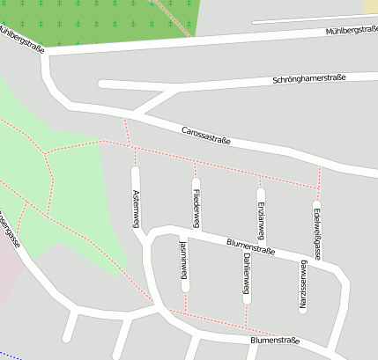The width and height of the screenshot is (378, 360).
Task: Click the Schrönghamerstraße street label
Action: click(x=309, y=78)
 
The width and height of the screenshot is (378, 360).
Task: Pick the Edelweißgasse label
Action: click(x=317, y=230)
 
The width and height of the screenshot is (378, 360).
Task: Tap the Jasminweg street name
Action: click(x=184, y=263)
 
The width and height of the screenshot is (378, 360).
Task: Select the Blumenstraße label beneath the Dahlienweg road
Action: click(x=274, y=340)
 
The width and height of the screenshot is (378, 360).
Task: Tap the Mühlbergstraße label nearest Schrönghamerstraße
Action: click(x=351, y=32)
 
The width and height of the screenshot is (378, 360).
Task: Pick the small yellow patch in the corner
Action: click(x=370, y=6)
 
